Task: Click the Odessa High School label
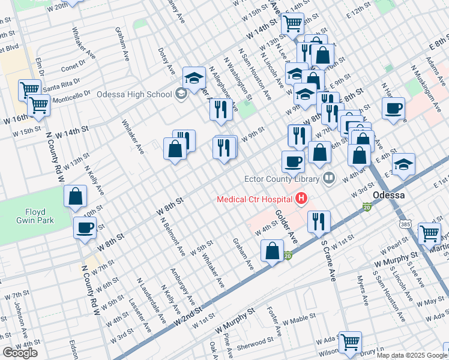coord(134,94)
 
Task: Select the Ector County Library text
coord(282,178)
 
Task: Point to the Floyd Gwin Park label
coord(40,216)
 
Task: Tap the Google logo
coord(20,353)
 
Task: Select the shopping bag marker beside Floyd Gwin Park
coord(76,196)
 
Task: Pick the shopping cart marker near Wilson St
coord(350,342)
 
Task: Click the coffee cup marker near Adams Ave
coord(393,109)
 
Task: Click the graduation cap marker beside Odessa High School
coord(194,78)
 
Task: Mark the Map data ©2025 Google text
coord(412,355)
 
